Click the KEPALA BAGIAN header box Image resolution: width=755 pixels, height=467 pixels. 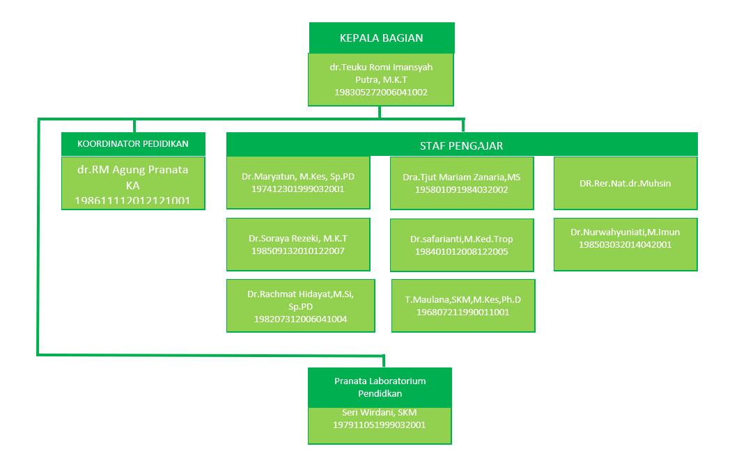[x=382, y=38]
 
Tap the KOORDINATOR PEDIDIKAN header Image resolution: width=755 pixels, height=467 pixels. [x=134, y=144]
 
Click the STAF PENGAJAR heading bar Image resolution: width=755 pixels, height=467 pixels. [x=461, y=145]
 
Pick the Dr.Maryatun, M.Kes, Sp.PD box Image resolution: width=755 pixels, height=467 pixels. [x=298, y=182]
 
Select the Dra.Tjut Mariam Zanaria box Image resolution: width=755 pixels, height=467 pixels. [x=462, y=183]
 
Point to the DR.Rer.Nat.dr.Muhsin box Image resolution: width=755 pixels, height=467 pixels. [x=625, y=183]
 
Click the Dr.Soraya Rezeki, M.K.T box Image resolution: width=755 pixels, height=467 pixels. [x=298, y=244]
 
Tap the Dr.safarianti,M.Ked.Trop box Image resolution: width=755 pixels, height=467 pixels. [x=462, y=245]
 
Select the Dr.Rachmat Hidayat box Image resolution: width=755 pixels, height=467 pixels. [x=301, y=306]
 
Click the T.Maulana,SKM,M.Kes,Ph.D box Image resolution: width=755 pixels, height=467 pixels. [x=463, y=306]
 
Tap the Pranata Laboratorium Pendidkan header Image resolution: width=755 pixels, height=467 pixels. [x=380, y=387]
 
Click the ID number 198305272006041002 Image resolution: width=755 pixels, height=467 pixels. [x=381, y=92]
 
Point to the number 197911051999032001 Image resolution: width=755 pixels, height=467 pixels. [x=380, y=425]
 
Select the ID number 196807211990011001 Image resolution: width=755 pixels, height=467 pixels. [x=463, y=312]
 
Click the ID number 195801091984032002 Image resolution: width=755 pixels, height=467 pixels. [x=462, y=189]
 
